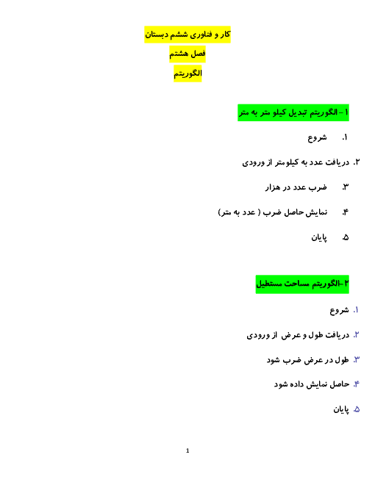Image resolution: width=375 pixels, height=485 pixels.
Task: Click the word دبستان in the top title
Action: click(x=155, y=35)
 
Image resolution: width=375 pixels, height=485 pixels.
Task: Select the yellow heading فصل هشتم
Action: click(x=187, y=54)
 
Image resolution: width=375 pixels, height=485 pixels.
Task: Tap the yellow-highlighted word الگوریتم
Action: click(x=187, y=73)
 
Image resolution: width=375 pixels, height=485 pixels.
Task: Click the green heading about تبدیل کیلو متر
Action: click(x=293, y=112)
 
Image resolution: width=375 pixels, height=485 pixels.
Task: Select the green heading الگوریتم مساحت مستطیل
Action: click(x=302, y=284)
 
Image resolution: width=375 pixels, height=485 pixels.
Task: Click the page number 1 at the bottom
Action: click(x=187, y=450)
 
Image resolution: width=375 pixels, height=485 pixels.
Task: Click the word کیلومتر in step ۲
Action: click(x=287, y=162)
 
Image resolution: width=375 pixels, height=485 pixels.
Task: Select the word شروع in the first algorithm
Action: click(x=317, y=137)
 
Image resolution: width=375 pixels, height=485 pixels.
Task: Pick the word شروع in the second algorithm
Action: click(x=339, y=310)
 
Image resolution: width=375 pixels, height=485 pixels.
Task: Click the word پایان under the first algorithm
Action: click(x=319, y=237)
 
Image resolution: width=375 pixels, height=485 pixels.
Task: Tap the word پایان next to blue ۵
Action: click(x=341, y=409)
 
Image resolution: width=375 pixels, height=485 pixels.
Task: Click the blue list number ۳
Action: click(x=357, y=360)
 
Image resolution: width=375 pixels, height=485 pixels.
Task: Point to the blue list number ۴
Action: click(x=357, y=384)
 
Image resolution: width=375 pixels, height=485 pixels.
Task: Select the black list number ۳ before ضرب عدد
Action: click(x=346, y=187)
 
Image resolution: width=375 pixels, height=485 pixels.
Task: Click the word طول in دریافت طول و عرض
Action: click(x=316, y=335)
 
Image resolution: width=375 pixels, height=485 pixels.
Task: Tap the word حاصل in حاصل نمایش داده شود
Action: click(x=340, y=384)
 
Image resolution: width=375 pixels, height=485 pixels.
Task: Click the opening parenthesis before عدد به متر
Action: click(x=259, y=212)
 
